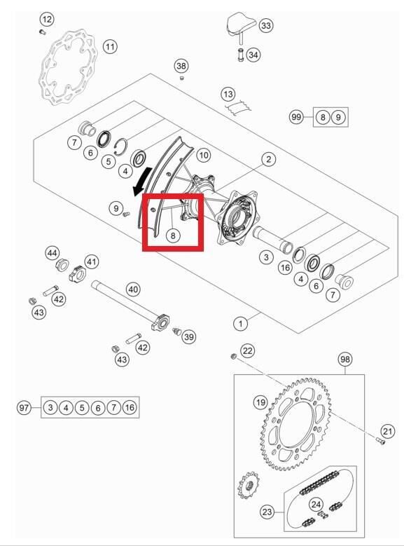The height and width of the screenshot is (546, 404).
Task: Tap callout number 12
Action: (47, 19)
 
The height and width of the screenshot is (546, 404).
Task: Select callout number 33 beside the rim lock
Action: (266, 25)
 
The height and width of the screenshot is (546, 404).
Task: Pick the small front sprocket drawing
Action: (248, 485)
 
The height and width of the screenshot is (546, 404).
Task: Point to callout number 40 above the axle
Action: (133, 289)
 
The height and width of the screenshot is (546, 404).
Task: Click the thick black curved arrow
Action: (142, 180)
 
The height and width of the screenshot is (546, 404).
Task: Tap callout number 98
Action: (345, 359)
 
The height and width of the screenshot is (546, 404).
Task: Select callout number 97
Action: (24, 407)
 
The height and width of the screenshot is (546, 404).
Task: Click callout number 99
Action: (296, 116)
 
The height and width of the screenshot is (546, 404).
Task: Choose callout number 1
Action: (240, 324)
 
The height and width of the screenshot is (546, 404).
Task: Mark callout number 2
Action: (268, 160)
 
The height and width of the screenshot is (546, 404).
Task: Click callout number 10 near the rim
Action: (204, 155)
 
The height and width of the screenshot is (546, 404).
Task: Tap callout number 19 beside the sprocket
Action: (260, 402)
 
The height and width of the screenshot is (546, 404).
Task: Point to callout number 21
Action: (387, 432)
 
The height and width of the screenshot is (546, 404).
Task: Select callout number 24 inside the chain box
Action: (316, 504)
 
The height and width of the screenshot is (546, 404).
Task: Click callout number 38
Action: (181, 66)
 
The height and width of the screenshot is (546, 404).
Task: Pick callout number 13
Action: (228, 94)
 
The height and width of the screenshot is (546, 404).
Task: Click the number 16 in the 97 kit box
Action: (130, 407)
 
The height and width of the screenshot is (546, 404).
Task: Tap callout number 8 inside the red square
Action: (173, 236)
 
